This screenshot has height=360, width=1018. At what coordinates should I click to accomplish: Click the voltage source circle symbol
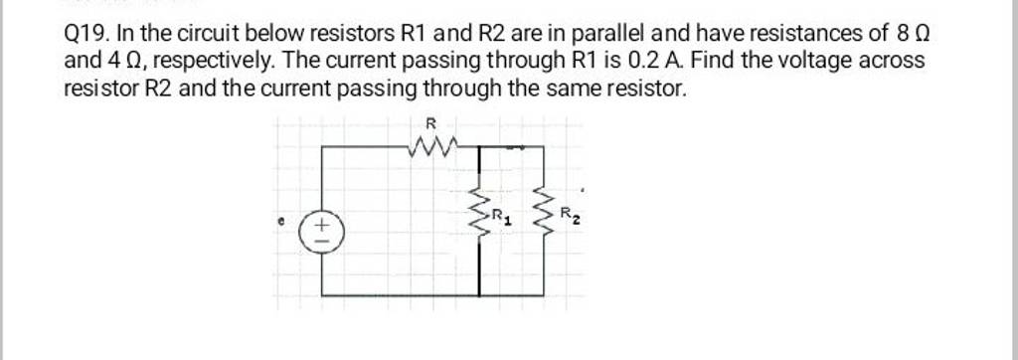(x=321, y=235)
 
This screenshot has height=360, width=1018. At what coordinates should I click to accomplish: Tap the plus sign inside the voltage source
(x=321, y=228)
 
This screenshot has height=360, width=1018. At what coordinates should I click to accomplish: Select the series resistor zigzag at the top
(x=431, y=150)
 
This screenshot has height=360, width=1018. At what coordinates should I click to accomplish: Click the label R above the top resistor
(x=429, y=122)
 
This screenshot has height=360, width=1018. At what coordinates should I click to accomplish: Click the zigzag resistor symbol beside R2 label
(x=544, y=212)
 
